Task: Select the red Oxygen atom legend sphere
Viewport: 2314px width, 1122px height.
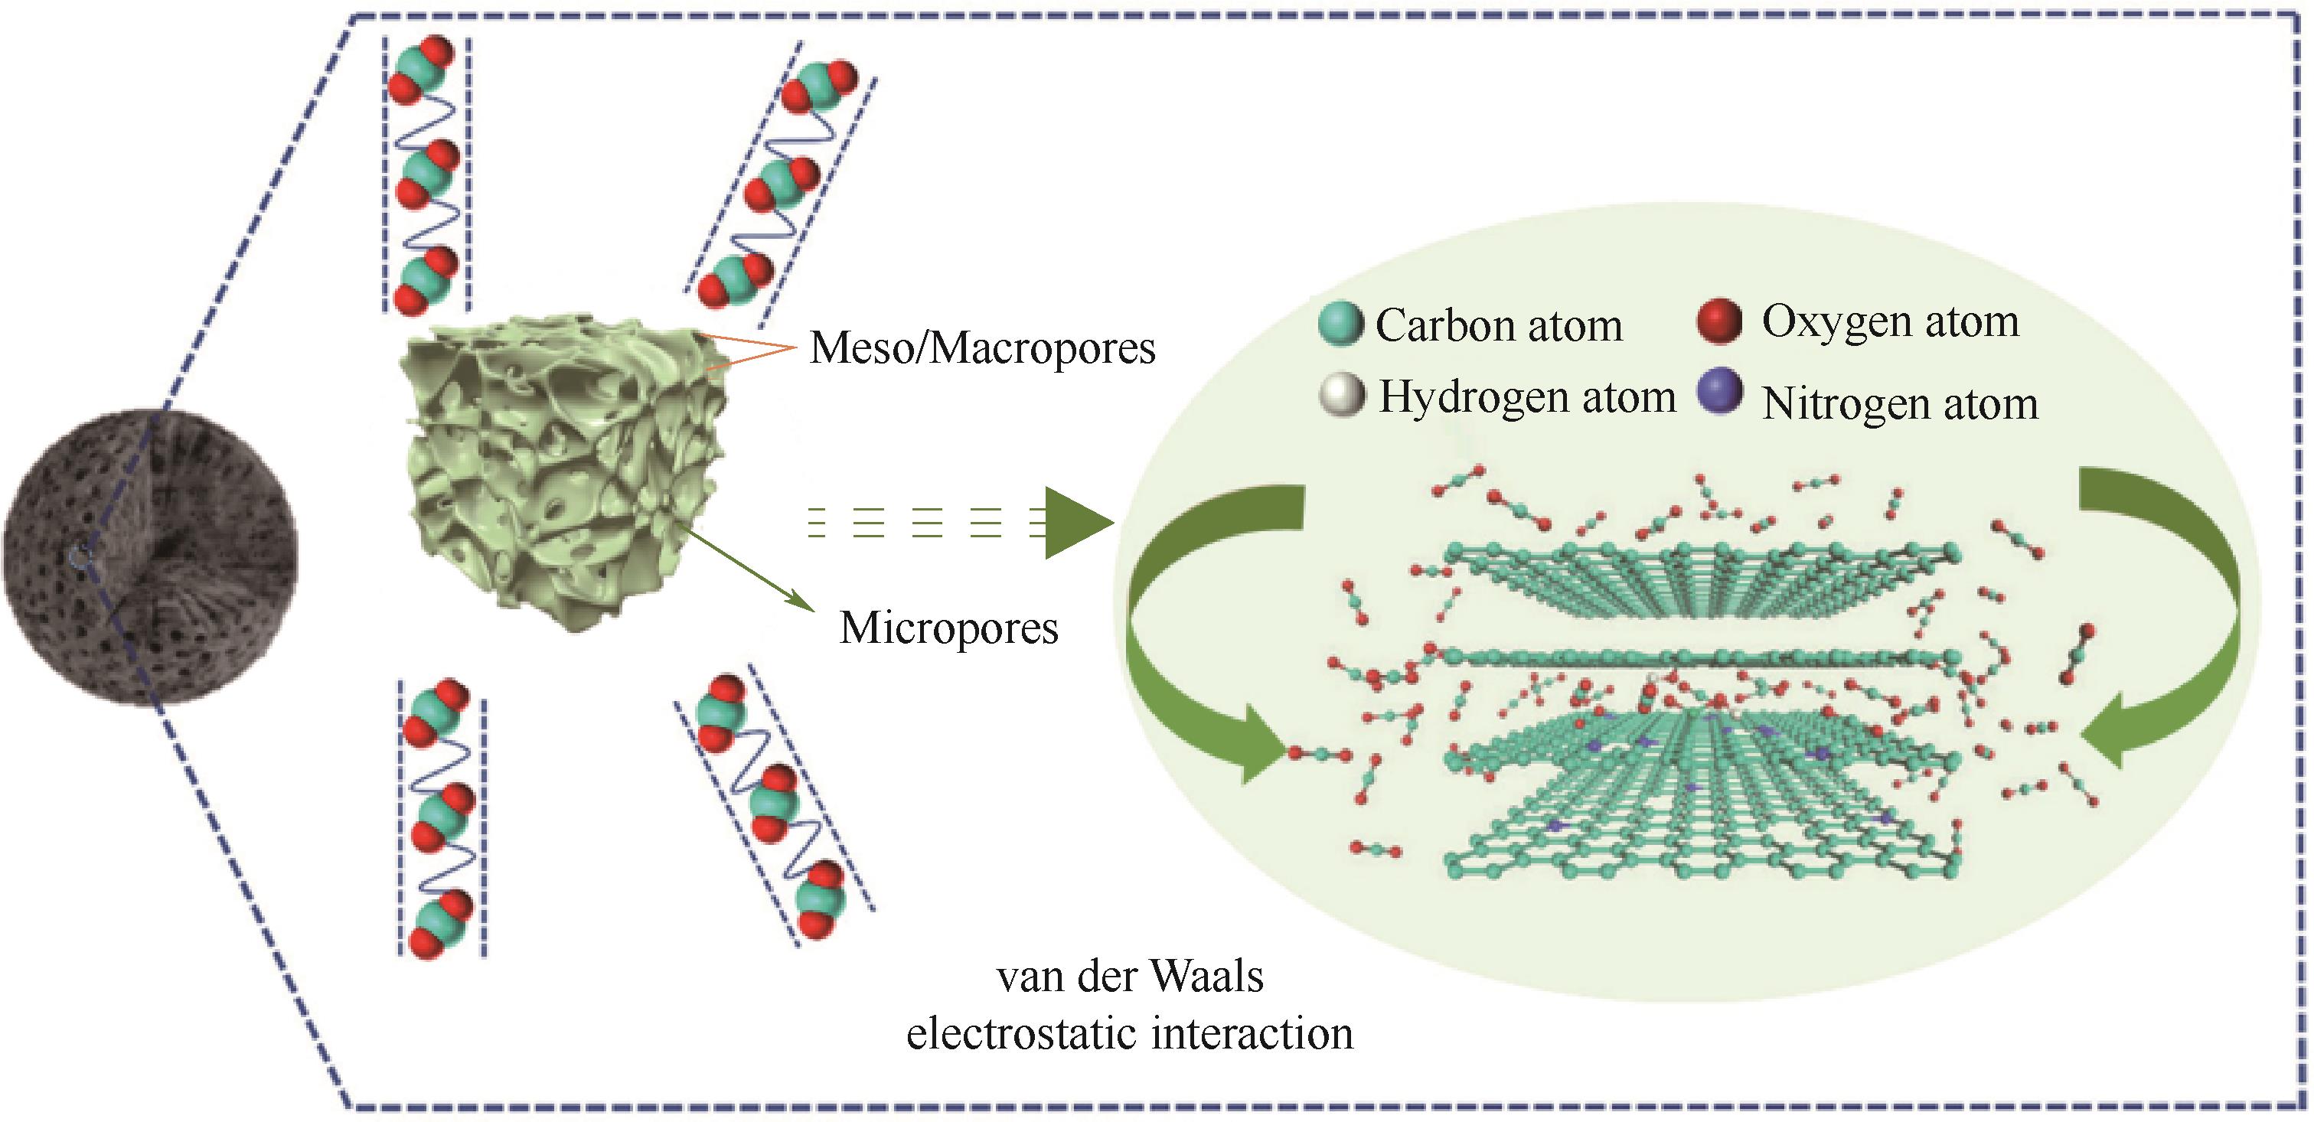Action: [1719, 321]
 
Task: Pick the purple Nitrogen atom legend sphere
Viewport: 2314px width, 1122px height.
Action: [1719, 393]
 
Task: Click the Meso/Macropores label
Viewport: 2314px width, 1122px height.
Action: [982, 347]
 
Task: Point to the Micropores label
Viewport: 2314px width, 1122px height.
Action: [948, 628]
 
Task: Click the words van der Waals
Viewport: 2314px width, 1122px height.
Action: [1130, 977]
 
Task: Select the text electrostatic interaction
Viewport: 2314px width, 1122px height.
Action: [1129, 1033]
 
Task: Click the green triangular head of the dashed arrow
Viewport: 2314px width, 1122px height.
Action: [1078, 523]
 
